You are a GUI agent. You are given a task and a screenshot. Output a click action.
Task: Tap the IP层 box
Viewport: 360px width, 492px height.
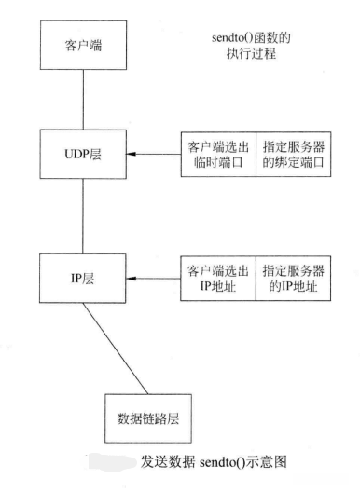(83, 277)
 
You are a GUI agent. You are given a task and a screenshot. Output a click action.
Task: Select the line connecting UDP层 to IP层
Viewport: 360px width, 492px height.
(83, 214)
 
